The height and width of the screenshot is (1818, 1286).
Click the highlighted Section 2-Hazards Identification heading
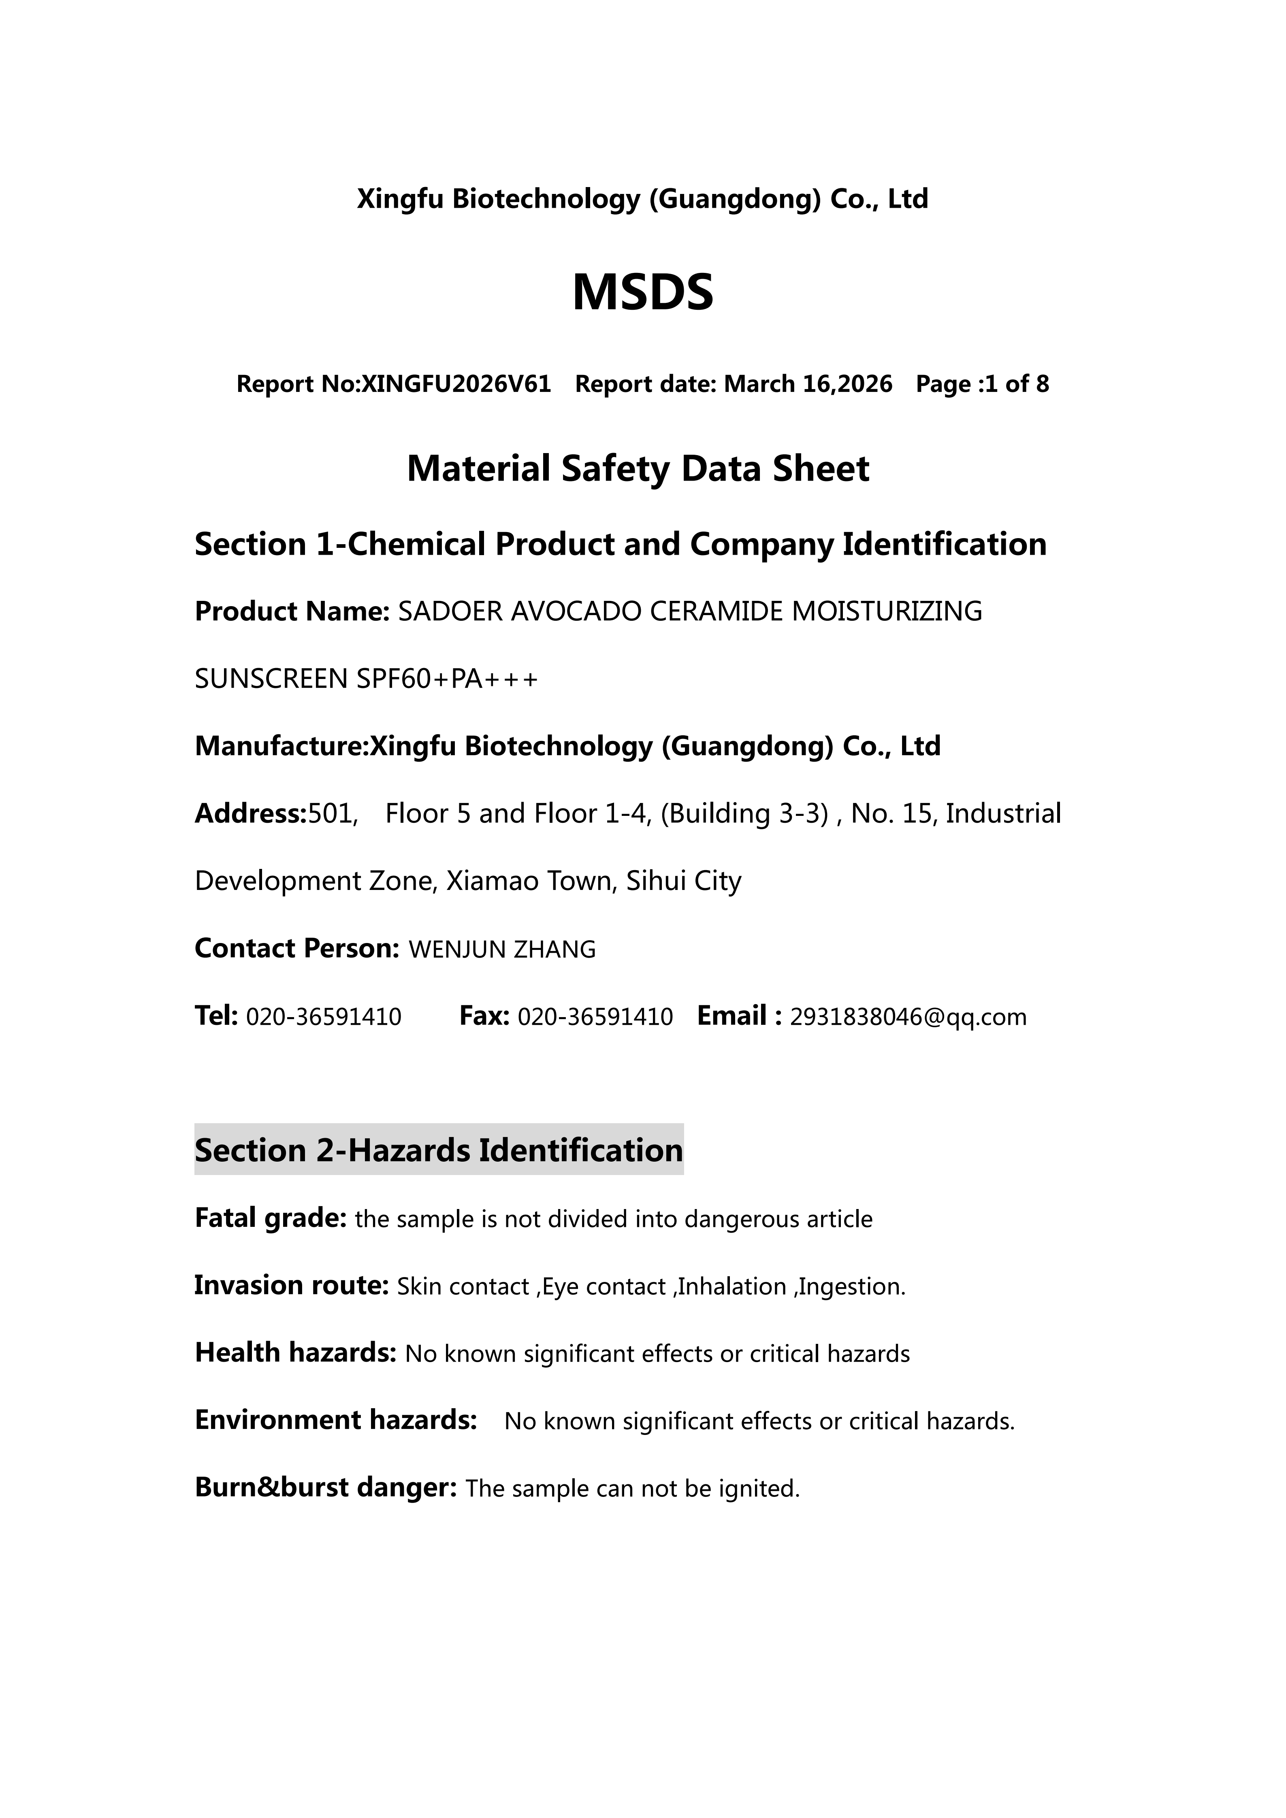click(439, 1150)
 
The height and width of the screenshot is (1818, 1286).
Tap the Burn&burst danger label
click(326, 1488)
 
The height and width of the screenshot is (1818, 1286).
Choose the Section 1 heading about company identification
click(620, 544)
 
